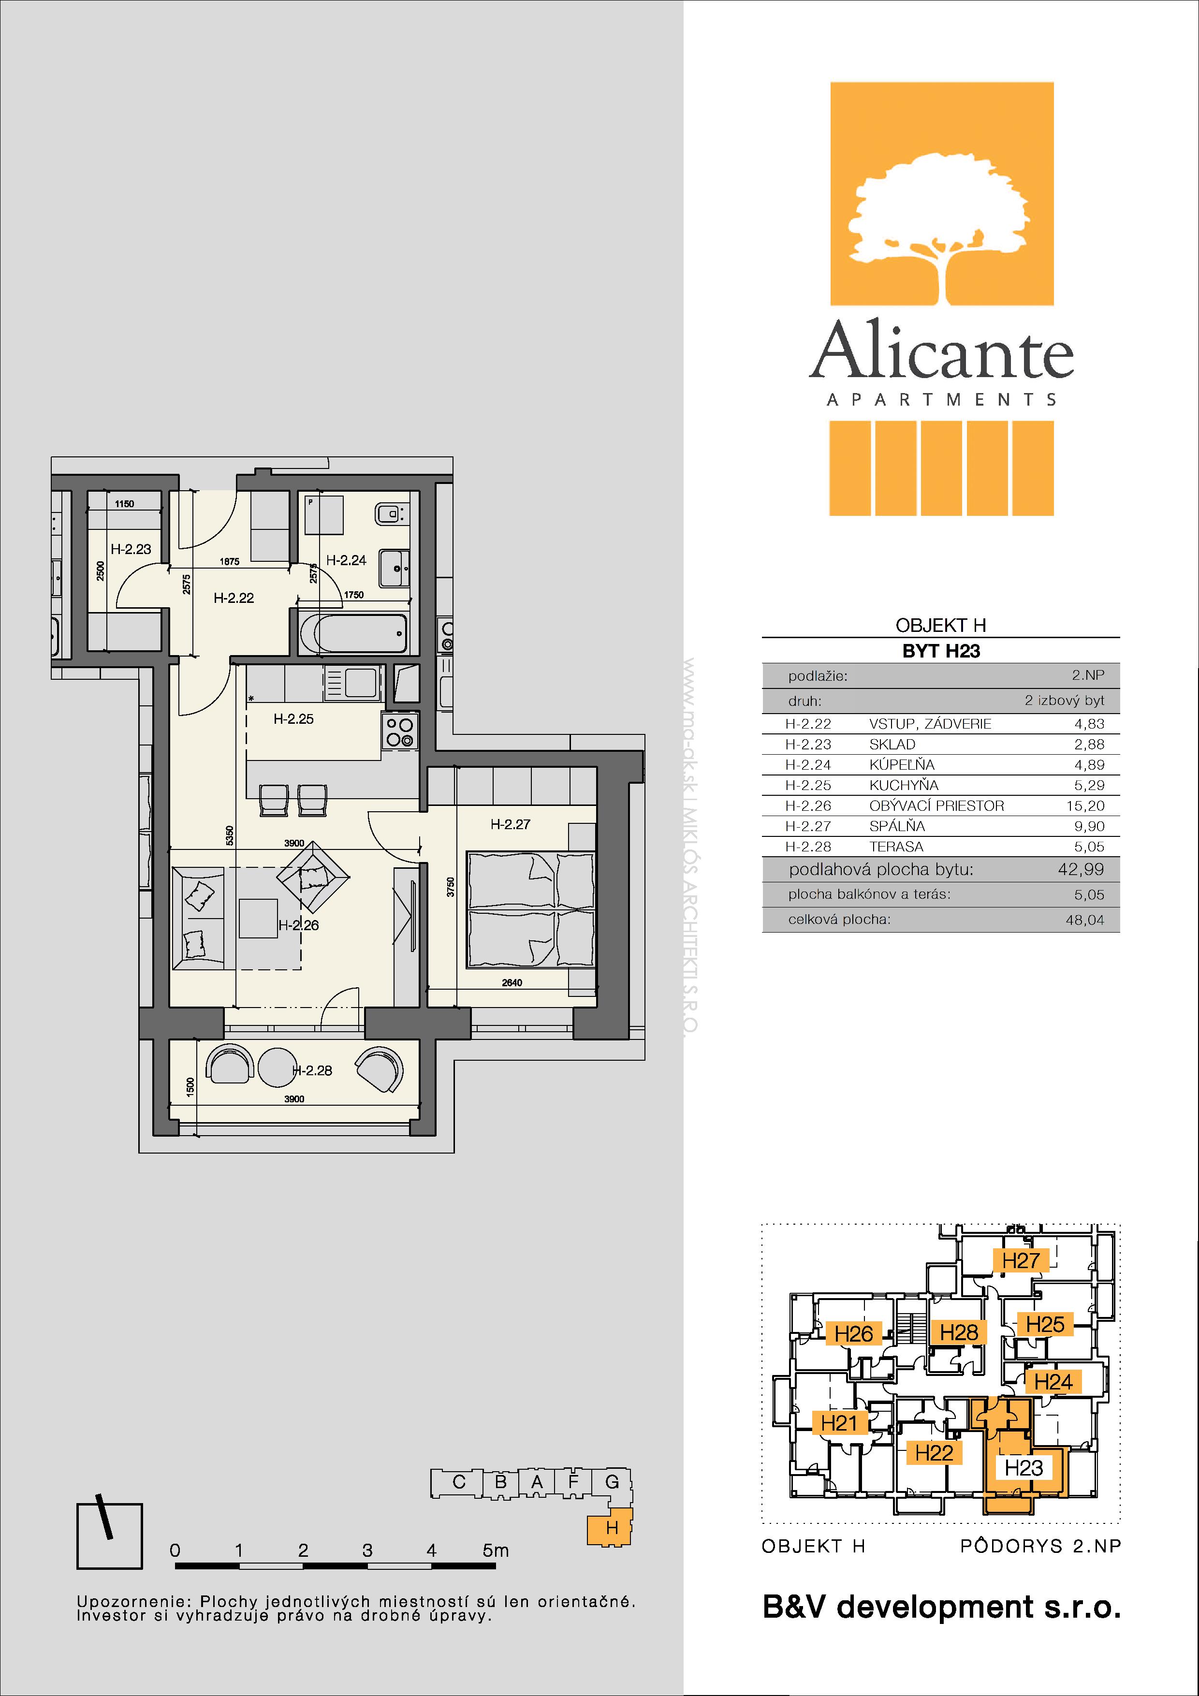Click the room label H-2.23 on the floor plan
[x=131, y=549]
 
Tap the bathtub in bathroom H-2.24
[x=354, y=632]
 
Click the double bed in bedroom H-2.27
[x=530, y=909]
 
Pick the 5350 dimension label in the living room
[x=230, y=835]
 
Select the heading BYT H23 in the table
[x=941, y=651]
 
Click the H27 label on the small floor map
[x=1021, y=1260]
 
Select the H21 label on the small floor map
[x=838, y=1423]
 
